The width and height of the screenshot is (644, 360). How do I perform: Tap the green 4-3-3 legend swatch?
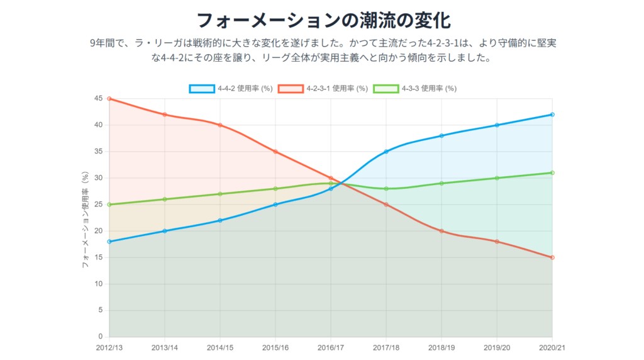pyautogui.click(x=385, y=89)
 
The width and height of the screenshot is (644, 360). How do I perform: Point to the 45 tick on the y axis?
pyautogui.click(x=99, y=99)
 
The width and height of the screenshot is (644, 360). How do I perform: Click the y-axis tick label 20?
pyautogui.click(x=99, y=231)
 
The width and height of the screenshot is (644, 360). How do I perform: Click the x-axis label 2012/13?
pyautogui.click(x=109, y=347)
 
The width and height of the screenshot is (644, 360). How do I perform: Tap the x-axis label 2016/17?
pyautogui.click(x=331, y=347)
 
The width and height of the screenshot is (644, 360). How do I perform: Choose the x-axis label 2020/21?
pyautogui.click(x=552, y=347)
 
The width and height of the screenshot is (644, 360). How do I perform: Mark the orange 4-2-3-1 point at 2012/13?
pyautogui.click(x=109, y=99)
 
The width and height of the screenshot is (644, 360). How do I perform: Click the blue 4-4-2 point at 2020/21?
pyautogui.click(x=552, y=115)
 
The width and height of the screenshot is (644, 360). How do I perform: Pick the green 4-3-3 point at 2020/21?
pyautogui.click(x=552, y=172)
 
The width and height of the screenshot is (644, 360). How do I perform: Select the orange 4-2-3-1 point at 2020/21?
pyautogui.click(x=552, y=257)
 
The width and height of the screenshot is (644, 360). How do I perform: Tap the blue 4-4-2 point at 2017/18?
pyautogui.click(x=386, y=152)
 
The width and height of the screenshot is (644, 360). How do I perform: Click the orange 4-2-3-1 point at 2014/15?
pyautogui.click(x=220, y=125)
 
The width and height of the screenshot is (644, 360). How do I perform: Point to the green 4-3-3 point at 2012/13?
pyautogui.click(x=109, y=205)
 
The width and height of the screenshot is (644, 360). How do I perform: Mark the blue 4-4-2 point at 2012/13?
pyautogui.click(x=109, y=242)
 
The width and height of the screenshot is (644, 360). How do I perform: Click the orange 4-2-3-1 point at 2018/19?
pyautogui.click(x=441, y=231)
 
